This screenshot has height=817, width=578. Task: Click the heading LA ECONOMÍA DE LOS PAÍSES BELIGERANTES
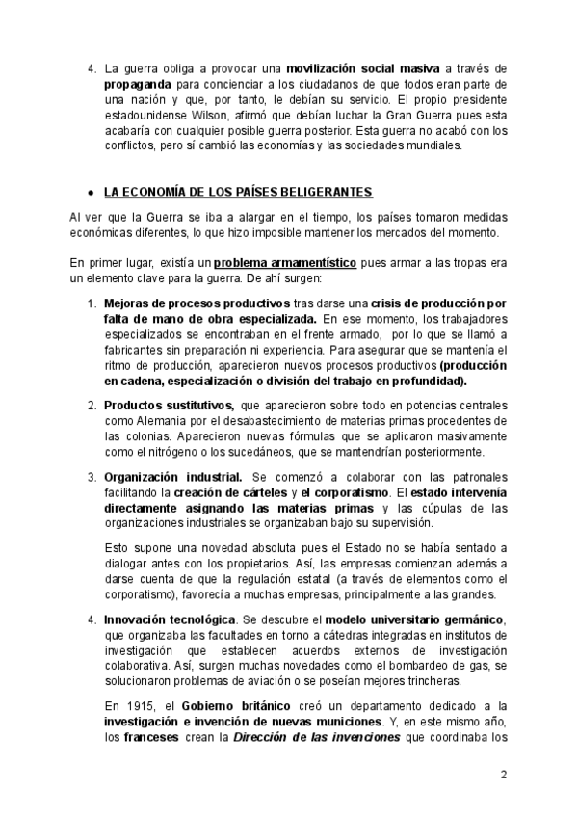pos(238,191)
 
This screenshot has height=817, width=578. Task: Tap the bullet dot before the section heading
pos(90,192)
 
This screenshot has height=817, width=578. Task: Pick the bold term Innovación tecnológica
pos(169,619)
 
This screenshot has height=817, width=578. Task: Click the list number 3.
pos(92,477)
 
